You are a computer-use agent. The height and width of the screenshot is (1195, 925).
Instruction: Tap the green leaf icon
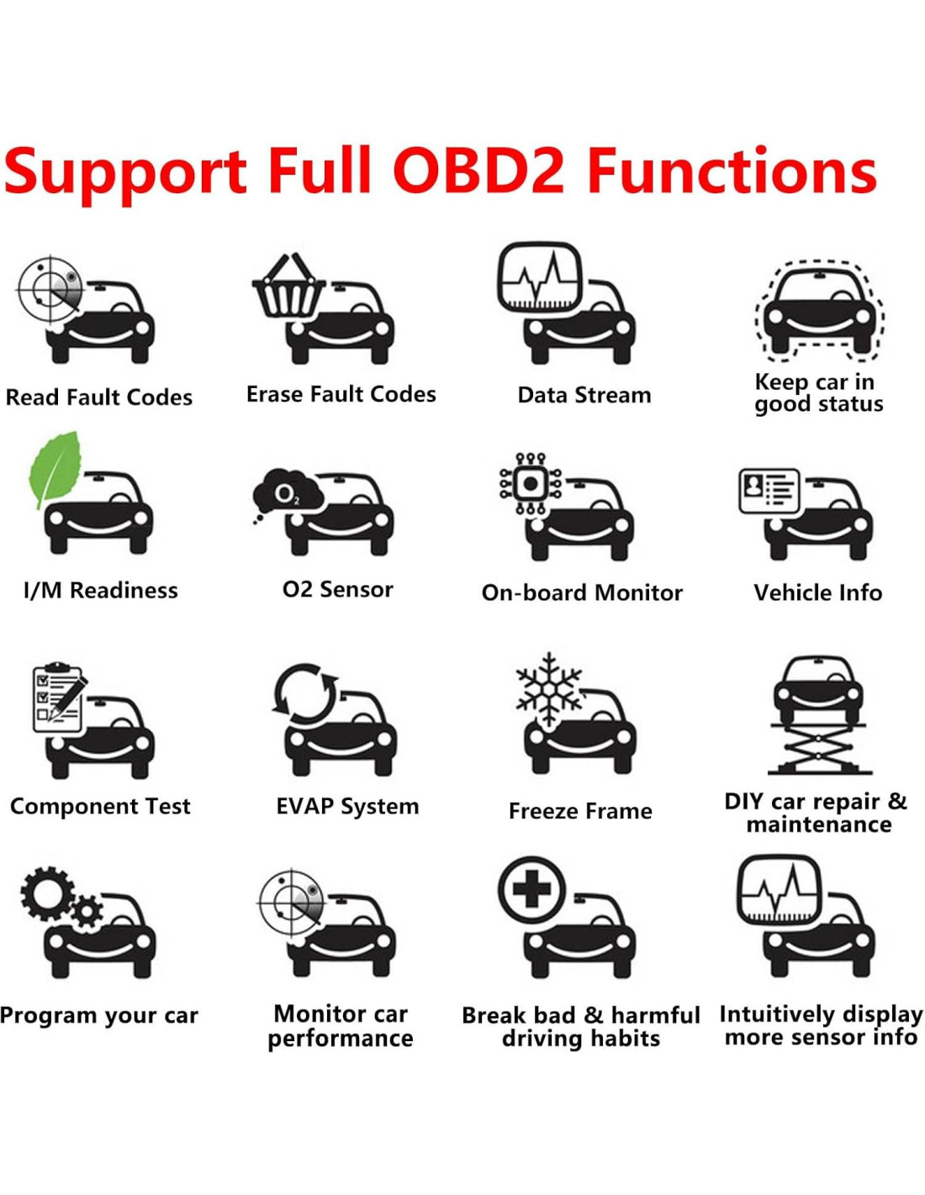tap(55, 468)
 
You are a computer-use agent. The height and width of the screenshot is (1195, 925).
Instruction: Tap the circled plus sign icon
tap(531, 890)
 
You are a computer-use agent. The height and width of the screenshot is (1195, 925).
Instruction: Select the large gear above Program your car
tap(47, 892)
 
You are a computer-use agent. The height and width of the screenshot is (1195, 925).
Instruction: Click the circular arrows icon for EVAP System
tap(304, 693)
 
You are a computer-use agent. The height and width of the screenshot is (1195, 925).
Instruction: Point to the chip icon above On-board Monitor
tap(531, 484)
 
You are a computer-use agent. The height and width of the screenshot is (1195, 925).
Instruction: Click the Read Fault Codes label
tap(99, 397)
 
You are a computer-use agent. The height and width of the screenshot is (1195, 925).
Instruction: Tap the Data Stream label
tap(584, 395)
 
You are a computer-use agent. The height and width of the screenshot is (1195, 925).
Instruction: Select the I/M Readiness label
tap(101, 590)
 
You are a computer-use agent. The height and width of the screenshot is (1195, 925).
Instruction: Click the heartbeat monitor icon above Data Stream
tap(539, 278)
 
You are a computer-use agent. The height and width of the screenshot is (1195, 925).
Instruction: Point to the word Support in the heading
tap(126, 172)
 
